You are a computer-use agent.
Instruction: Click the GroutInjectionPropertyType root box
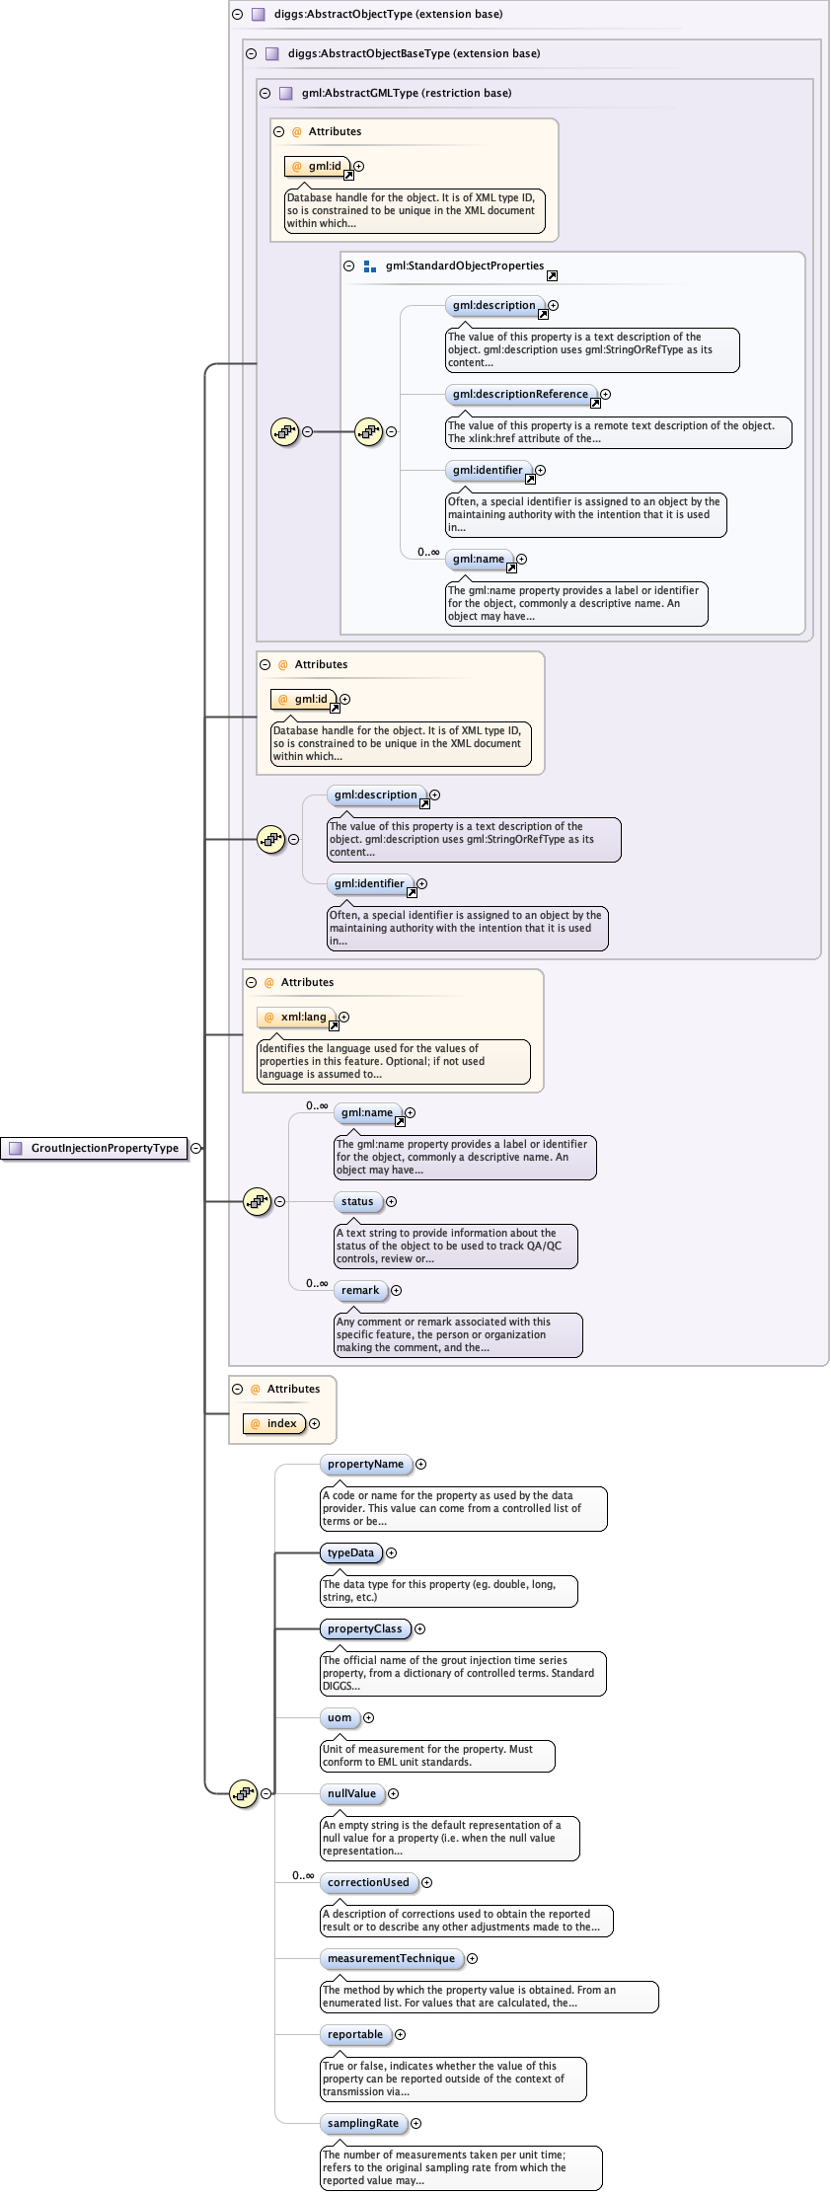[x=96, y=1148]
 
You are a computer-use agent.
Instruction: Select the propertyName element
[x=365, y=1464]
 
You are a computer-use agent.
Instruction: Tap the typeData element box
[x=350, y=1552]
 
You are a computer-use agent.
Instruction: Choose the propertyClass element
[x=364, y=1628]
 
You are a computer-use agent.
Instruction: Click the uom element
[x=340, y=1717]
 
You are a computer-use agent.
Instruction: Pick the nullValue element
[x=351, y=1793]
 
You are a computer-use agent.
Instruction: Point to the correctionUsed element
[x=368, y=1882]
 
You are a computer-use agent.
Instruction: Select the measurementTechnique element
[x=391, y=1958]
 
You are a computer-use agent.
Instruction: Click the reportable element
[x=355, y=2034]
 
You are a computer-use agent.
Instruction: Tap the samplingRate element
[x=363, y=2123]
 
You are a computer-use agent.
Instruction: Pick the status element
[x=357, y=1201]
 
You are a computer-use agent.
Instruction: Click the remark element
[x=360, y=1290]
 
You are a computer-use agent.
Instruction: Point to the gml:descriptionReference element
[x=520, y=394]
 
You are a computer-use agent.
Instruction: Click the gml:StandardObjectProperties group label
[x=464, y=265]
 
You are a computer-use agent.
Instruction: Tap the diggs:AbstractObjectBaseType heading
[x=414, y=53]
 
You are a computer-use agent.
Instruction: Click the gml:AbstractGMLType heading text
[x=406, y=93]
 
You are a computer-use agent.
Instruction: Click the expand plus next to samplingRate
[x=416, y=2123]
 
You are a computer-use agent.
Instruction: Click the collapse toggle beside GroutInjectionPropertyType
[x=196, y=1148]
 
